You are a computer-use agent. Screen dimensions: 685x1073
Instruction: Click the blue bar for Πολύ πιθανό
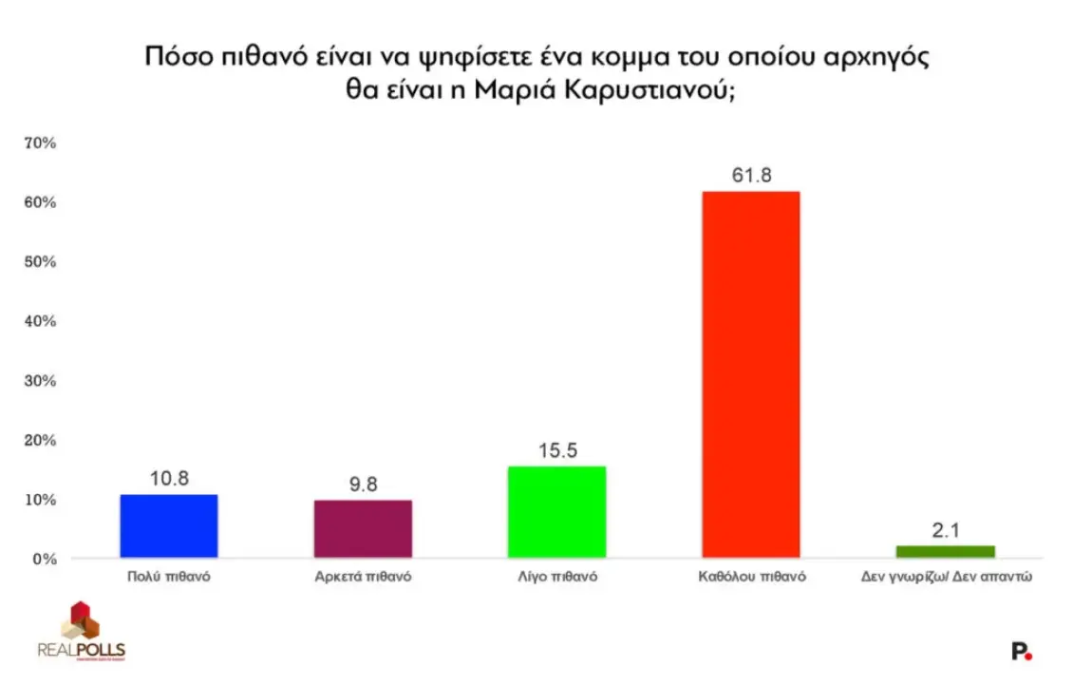coord(169,526)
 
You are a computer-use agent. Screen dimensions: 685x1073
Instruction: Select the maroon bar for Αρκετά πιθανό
coord(363,529)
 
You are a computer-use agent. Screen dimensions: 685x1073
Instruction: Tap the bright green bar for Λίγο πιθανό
coord(556,512)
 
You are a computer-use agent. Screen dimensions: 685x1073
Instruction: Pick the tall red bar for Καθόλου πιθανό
coord(750,374)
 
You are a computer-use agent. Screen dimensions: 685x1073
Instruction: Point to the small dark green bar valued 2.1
coord(945,552)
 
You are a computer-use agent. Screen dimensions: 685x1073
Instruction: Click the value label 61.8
coord(750,176)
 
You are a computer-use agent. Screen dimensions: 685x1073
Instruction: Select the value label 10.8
coord(169,479)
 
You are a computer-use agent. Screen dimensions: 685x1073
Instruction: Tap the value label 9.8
coord(363,485)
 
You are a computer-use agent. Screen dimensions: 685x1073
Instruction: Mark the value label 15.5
coord(556,450)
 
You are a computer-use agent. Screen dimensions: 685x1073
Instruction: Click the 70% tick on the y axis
coord(42,143)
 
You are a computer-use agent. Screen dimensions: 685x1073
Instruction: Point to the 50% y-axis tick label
coord(42,262)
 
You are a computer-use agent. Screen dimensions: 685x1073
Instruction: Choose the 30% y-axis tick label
coord(42,381)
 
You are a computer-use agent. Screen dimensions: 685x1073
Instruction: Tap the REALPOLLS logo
coord(82,633)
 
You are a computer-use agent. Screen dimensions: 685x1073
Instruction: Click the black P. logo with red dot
coord(1022,652)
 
